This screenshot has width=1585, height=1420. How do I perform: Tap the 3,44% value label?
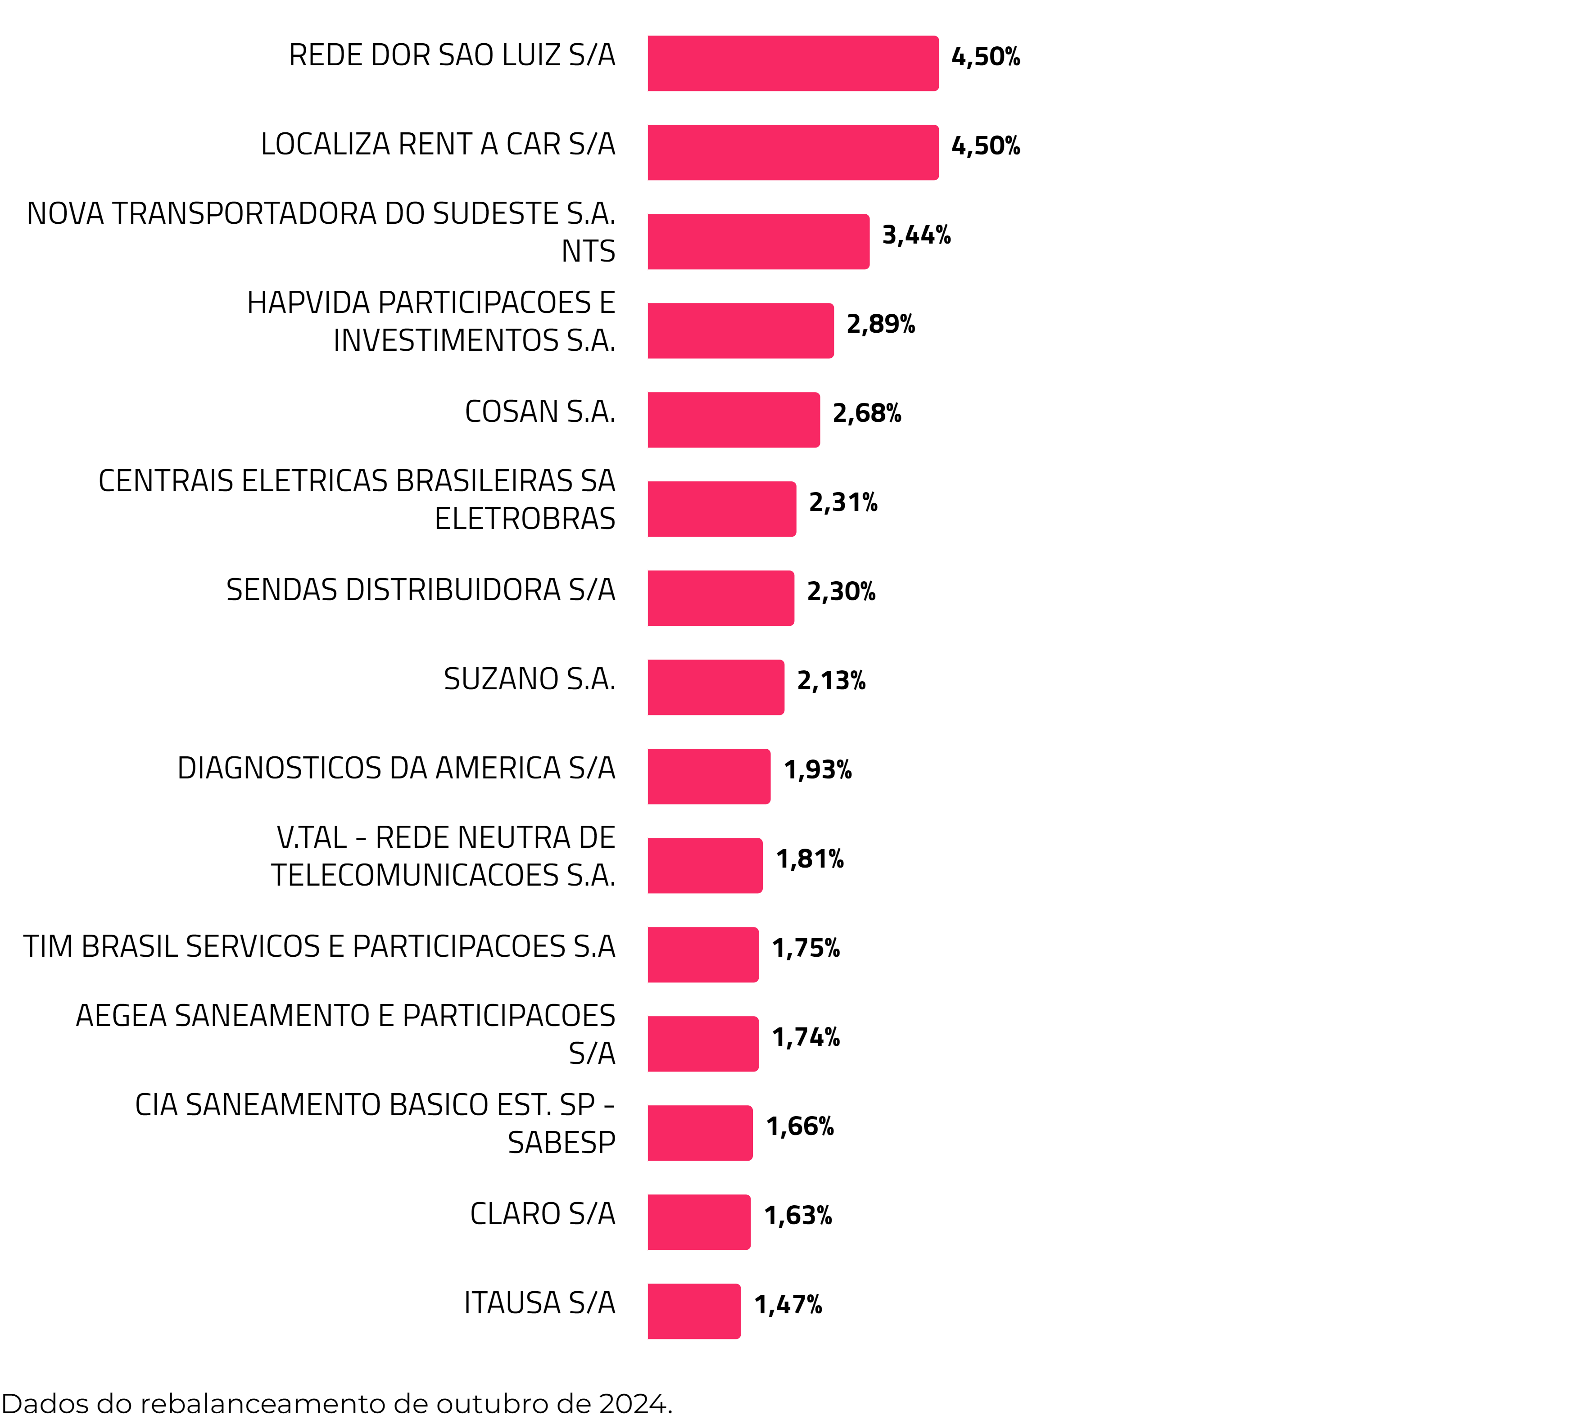916,235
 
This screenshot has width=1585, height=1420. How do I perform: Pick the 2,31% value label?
843,502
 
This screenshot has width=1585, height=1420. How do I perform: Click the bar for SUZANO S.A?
715,687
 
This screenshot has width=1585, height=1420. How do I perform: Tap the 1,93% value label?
817,770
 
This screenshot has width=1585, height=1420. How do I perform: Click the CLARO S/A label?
543,1214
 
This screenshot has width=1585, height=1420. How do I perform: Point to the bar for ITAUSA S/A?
694,1311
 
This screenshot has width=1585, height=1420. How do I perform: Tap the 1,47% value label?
788,1305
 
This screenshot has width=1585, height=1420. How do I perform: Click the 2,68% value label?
866,413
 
